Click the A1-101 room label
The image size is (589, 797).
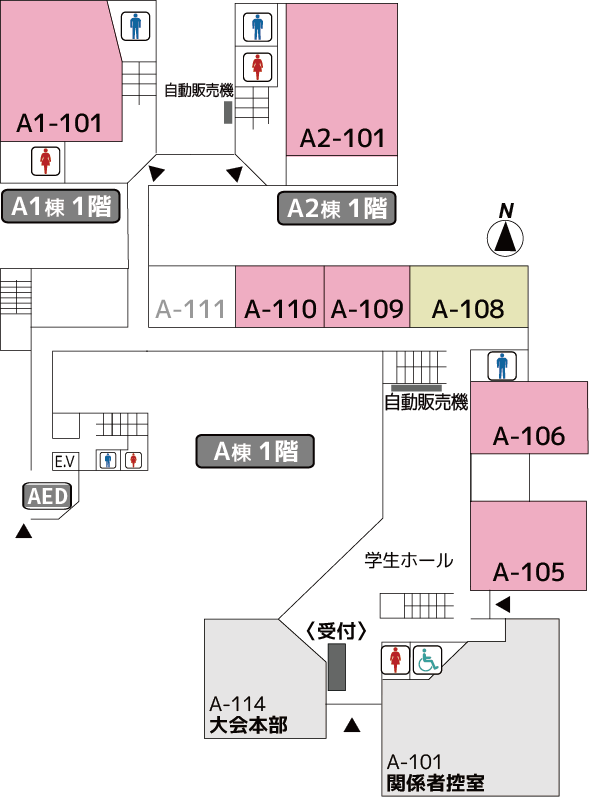(59, 124)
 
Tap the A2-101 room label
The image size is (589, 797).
(342, 138)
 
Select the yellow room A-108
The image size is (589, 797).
(469, 296)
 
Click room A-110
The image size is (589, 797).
(280, 296)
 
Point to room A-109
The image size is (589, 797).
(367, 296)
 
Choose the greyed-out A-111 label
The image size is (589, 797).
(190, 309)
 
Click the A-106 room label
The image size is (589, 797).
(529, 436)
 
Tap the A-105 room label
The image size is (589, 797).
(529, 572)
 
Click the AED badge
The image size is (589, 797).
(47, 496)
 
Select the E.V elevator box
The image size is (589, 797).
(65, 462)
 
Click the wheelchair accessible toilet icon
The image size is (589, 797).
(427, 660)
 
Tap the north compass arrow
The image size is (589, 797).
(506, 238)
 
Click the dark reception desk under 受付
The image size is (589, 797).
(336, 667)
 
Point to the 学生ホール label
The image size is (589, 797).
(409, 560)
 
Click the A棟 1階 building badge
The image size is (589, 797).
(255, 451)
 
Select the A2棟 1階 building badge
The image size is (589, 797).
(336, 208)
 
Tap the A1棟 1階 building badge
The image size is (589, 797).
(61, 206)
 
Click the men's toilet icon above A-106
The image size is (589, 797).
(502, 366)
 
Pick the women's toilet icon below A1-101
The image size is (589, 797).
(46, 161)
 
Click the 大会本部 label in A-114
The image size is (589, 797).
(249, 725)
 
